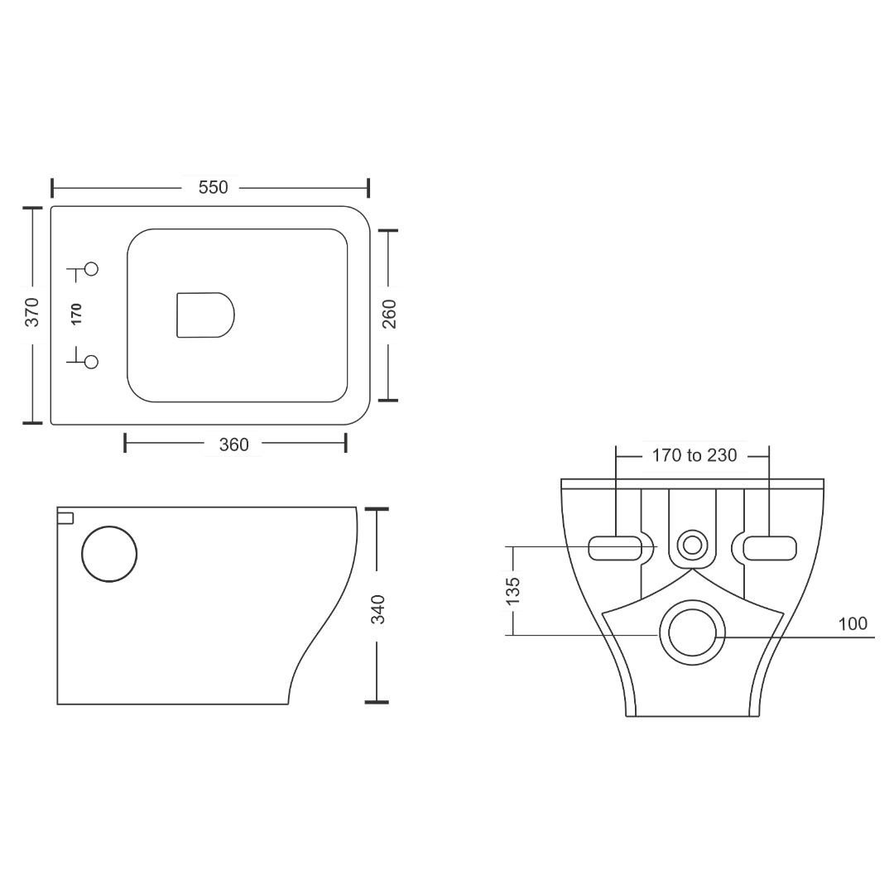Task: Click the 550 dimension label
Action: click(x=211, y=188)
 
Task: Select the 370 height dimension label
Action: click(x=31, y=314)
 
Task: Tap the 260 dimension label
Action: click(x=388, y=315)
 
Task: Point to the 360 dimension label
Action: click(x=233, y=445)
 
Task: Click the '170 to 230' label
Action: click(x=695, y=455)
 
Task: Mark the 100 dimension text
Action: click(x=853, y=624)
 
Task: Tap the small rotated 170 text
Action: click(x=76, y=314)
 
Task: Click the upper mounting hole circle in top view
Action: click(x=91, y=268)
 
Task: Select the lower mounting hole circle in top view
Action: click(x=91, y=362)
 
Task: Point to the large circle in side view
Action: click(x=109, y=554)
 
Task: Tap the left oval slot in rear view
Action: click(x=613, y=548)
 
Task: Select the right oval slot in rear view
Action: click(x=770, y=548)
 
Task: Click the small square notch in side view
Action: click(x=65, y=518)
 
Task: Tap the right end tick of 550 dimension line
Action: click(x=369, y=188)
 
